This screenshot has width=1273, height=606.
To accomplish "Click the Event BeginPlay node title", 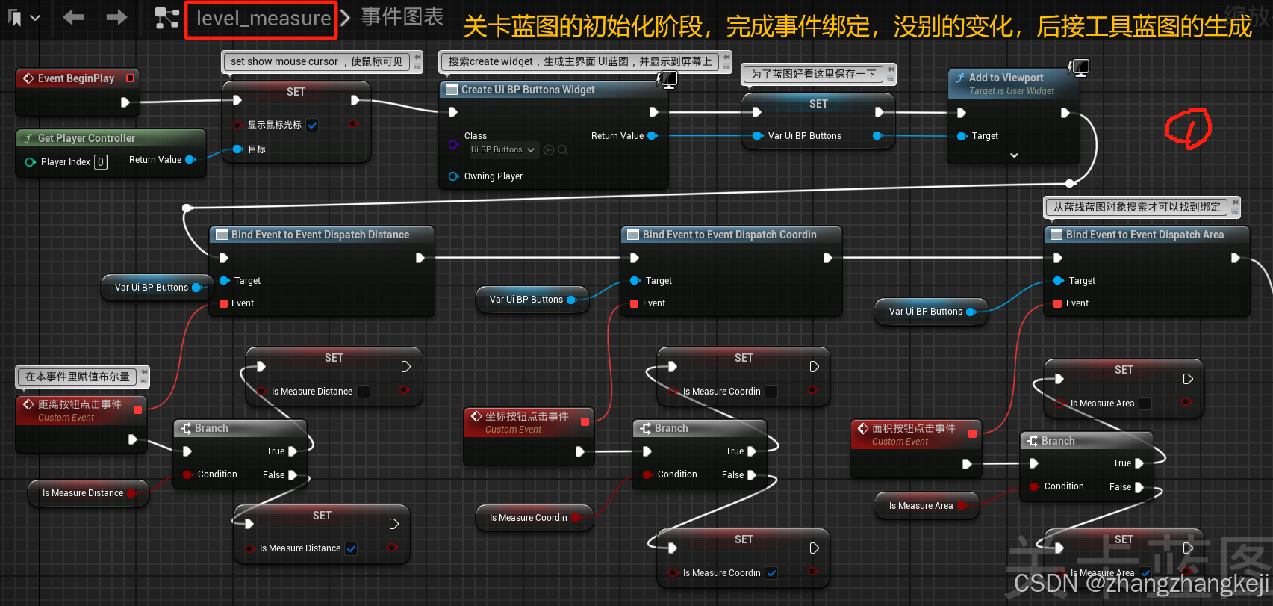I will (x=75, y=78).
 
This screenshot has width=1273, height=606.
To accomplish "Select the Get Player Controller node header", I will (x=86, y=138).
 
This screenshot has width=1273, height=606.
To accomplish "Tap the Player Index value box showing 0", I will (x=101, y=162).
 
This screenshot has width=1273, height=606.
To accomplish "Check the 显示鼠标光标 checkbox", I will (x=312, y=126).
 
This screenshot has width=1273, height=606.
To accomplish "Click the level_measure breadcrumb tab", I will (x=263, y=19).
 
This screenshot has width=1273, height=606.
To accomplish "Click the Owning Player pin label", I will (x=493, y=176).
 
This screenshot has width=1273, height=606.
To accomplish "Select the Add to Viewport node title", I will (x=1006, y=78).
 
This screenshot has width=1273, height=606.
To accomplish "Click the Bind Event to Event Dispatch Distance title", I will (x=320, y=235).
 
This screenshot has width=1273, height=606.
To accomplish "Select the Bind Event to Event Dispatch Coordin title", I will (x=729, y=235).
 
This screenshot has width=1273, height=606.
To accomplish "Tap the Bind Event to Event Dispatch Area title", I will (x=1145, y=235).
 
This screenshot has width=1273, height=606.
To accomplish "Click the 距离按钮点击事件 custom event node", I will (x=79, y=404).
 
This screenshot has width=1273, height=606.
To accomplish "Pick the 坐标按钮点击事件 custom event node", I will (x=526, y=416).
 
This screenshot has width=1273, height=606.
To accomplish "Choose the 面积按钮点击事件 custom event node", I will (x=913, y=428).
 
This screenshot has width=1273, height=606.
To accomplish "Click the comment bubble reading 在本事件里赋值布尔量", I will (x=78, y=377).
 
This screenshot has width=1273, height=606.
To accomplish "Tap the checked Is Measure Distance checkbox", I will (x=351, y=548).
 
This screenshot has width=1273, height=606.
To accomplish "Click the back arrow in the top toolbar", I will (x=73, y=17).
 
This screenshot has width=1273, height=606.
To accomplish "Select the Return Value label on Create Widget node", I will (x=617, y=136).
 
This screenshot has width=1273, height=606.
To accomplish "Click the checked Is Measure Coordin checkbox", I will (x=771, y=573).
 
